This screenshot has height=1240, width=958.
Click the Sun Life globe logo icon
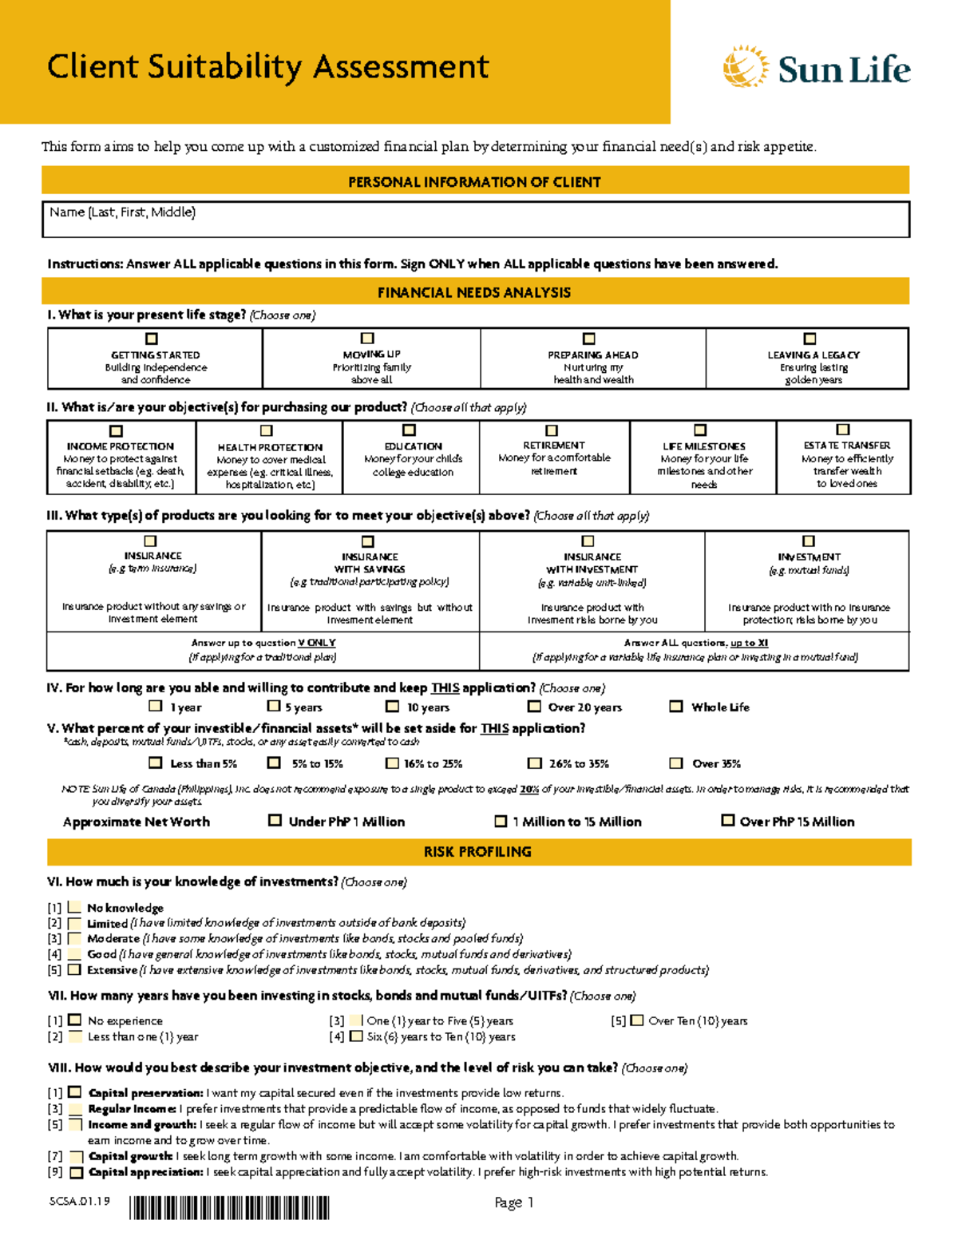(745, 67)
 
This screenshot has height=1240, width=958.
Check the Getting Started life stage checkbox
(152, 339)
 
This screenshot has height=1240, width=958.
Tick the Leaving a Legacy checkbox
(810, 339)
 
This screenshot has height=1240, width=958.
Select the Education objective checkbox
(410, 430)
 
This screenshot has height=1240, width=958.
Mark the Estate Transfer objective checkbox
(843, 430)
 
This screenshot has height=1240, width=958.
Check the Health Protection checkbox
(267, 431)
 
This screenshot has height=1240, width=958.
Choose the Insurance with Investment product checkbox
(588, 541)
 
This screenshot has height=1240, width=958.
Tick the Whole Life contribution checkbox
(676, 707)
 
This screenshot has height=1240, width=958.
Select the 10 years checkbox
(392, 707)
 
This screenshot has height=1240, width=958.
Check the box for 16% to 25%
(392, 763)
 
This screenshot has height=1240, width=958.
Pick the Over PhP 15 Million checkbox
(727, 820)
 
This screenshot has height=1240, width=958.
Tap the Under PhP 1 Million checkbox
(275, 820)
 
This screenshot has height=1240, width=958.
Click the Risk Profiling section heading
(477, 852)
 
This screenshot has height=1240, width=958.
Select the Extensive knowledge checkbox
(74, 970)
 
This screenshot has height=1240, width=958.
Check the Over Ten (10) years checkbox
(636, 1020)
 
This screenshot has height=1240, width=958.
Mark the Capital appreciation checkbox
(76, 1173)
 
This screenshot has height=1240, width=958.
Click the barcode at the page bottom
(229, 1208)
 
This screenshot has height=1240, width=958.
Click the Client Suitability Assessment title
(267, 66)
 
